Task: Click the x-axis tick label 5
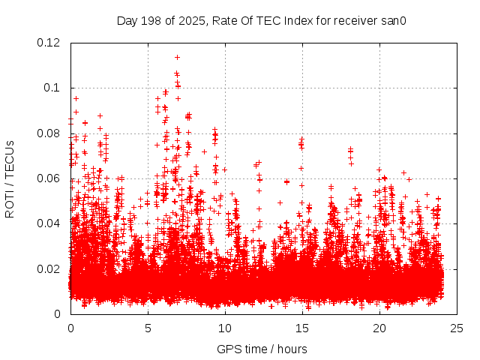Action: click(x=148, y=328)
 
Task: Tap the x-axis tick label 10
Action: click(x=225, y=328)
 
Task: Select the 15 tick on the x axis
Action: click(x=302, y=328)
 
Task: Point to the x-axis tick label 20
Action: click(x=379, y=328)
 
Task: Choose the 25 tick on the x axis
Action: click(x=457, y=328)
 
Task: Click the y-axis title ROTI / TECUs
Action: click(x=10, y=178)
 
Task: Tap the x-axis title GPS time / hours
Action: click(x=262, y=349)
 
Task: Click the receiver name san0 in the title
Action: click(x=392, y=20)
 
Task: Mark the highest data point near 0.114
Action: click(x=177, y=57)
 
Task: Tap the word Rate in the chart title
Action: click(x=226, y=20)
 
